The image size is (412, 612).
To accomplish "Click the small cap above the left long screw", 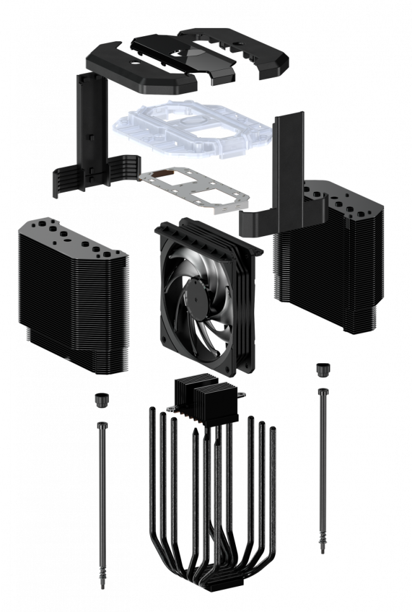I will point(100,399).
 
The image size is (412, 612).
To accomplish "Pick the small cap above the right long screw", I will point(323,369).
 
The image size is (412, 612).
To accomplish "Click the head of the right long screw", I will point(323,390).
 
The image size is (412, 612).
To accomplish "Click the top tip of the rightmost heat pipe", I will point(273,430).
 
